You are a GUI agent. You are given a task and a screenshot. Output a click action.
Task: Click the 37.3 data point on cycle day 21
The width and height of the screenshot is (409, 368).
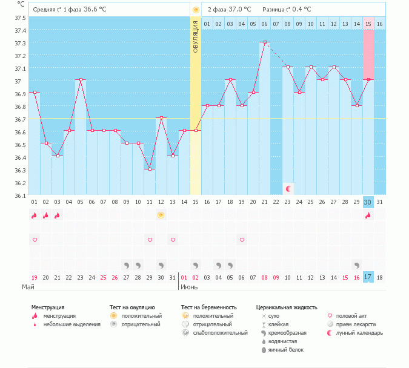coord(265,42)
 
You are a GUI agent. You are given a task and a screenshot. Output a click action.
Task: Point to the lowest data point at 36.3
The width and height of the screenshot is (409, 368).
coord(150,169)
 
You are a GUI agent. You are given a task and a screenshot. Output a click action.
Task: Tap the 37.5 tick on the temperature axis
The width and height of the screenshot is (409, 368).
coord(20,18)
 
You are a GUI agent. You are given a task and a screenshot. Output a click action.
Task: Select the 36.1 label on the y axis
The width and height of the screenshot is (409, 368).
coord(20,195)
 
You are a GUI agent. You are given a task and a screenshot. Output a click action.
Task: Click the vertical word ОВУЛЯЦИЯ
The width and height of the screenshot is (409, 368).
coord(196,37)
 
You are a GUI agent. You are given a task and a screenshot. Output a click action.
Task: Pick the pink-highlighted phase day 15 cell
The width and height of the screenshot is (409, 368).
coord(368,24)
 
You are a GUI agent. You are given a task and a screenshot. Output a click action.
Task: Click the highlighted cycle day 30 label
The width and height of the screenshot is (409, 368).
coord(368,202)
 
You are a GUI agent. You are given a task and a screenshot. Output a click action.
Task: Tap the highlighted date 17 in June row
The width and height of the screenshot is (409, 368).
coord(368,277)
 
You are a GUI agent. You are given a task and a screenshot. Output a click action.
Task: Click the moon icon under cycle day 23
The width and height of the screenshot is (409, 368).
coord(288,189)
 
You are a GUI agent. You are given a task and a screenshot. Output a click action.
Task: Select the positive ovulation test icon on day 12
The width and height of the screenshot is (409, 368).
coord(161,215)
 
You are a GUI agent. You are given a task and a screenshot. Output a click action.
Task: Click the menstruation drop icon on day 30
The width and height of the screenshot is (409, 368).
coord(368,215)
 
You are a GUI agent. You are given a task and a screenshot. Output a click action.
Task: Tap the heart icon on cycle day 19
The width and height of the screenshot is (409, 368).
coord(242,240)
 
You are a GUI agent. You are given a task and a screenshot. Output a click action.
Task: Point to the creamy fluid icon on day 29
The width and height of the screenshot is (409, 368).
coord(356,265)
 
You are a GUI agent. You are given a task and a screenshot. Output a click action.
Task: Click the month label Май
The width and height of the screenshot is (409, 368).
coord(28,287)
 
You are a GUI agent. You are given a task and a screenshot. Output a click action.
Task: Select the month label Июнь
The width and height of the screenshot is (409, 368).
coord(189,287)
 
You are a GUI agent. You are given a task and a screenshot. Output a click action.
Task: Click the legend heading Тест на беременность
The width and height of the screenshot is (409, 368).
coord(208,307)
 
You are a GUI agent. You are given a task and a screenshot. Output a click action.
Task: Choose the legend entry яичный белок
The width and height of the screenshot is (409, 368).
coord(286,350)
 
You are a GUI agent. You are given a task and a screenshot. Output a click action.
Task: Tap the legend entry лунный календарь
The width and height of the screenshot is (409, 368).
coord(359,333)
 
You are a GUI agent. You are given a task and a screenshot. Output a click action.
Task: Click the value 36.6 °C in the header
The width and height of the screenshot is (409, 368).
coord(95,10)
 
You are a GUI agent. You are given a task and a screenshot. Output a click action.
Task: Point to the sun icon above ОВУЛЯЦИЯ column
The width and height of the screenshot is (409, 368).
coord(196,10)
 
